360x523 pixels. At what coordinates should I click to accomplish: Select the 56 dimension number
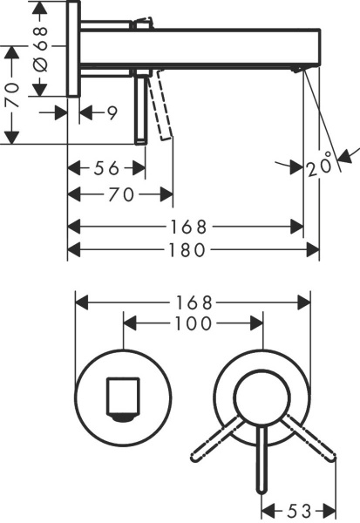click(x=106, y=167)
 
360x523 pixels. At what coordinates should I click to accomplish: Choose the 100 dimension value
click(x=194, y=323)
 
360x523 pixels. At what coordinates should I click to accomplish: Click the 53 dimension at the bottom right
click(x=298, y=508)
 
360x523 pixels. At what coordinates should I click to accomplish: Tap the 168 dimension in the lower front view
click(x=194, y=302)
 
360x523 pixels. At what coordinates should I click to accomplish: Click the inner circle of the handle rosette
click(x=260, y=394)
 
